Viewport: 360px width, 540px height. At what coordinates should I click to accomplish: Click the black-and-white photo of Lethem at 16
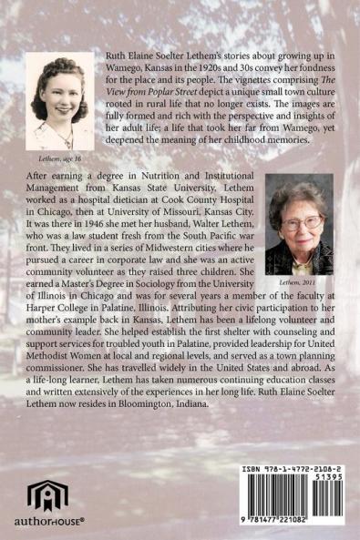(60, 100)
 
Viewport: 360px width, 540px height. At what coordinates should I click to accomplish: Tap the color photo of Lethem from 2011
(298, 223)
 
